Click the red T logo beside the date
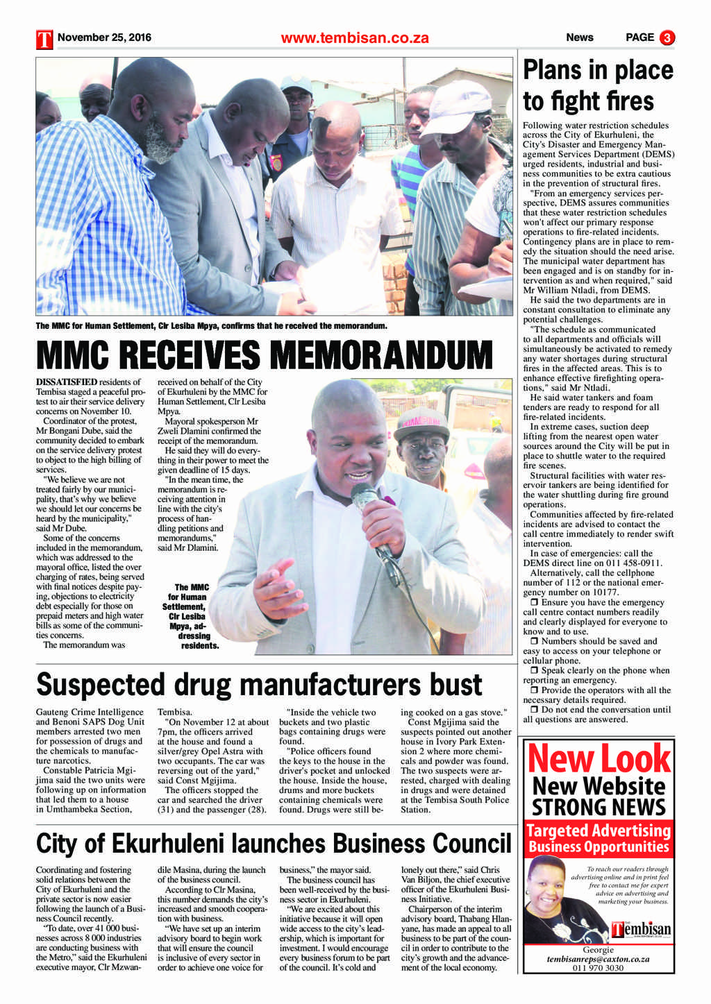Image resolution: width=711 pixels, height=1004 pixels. (44, 39)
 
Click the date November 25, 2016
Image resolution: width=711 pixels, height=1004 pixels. (104, 37)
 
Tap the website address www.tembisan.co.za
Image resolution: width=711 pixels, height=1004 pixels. (355, 38)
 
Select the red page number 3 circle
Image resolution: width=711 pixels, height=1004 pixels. (667, 37)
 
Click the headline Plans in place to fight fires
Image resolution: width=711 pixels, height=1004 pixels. (598, 85)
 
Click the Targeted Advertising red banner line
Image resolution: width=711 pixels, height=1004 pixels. (599, 831)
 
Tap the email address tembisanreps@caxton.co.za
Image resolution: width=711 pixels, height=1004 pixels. (598, 958)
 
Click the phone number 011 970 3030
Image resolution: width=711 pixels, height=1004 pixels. (598, 967)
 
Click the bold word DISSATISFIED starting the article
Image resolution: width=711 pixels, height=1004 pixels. (67, 382)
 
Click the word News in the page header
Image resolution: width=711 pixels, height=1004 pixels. (579, 37)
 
